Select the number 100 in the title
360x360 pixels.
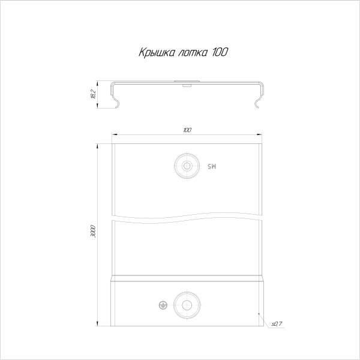click(x=220, y=52)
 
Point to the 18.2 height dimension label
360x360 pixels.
click(x=93, y=94)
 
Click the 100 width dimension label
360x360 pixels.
click(x=187, y=130)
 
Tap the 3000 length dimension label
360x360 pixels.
click(x=93, y=232)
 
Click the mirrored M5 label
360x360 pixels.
click(x=212, y=166)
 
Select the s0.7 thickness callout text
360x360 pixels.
click(x=277, y=324)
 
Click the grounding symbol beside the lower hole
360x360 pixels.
click(x=163, y=305)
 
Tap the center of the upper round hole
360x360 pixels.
click(x=187, y=166)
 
